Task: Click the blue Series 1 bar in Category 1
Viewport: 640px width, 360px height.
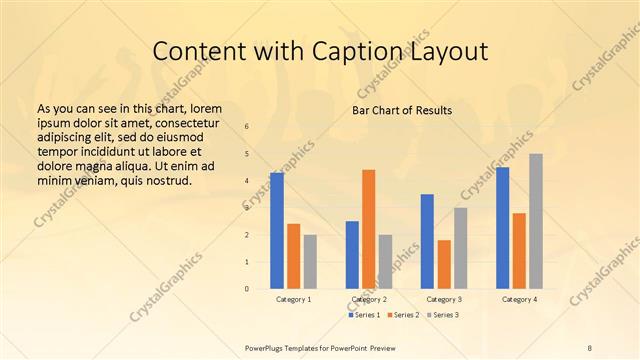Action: pos(277,231)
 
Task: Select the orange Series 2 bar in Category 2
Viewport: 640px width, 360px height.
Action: pos(368,229)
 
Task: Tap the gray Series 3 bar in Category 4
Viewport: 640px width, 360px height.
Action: pos(536,221)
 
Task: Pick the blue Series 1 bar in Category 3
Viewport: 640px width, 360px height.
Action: pos(427,241)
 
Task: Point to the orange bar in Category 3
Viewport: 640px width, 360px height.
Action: pos(444,264)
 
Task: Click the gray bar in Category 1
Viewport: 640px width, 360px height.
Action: pos(310,262)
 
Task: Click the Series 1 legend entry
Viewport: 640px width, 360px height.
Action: pos(364,315)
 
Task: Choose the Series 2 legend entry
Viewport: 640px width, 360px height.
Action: pos(403,315)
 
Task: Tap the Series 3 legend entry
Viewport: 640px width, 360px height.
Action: pos(442,315)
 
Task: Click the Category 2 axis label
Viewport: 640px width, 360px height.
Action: pos(369,299)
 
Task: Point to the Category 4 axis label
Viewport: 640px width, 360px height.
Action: pos(519,299)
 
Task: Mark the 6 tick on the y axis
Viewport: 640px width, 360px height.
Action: pos(247,127)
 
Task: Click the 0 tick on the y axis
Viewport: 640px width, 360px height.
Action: pos(247,289)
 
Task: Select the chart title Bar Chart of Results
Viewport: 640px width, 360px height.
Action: pos(401,110)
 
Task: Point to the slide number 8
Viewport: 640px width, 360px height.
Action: pos(590,346)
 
